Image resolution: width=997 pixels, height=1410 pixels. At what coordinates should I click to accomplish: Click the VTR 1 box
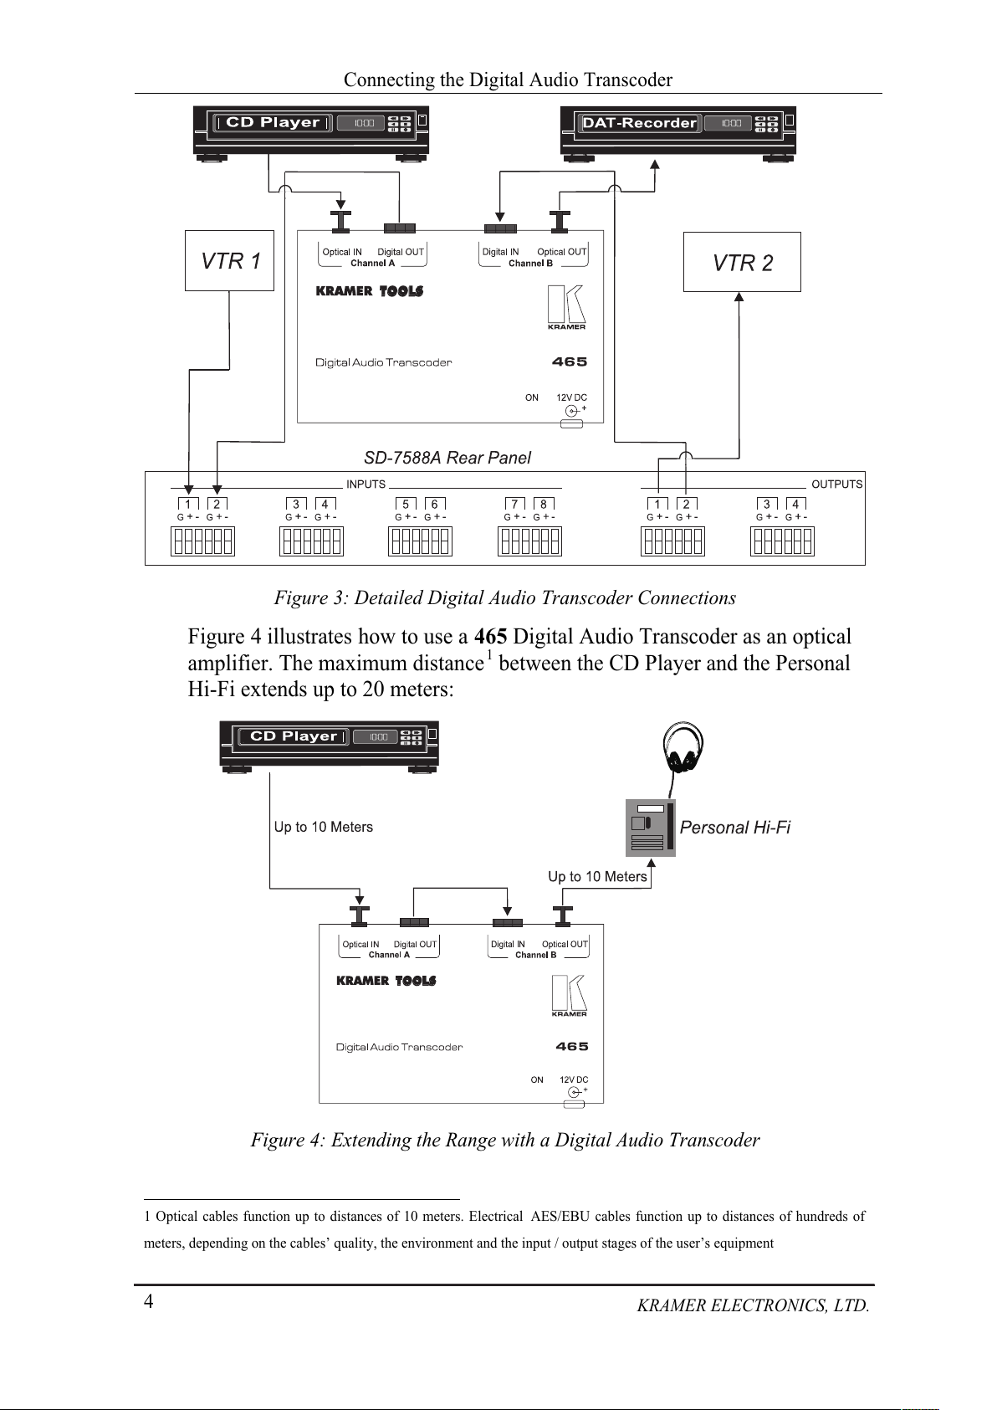pos(229,261)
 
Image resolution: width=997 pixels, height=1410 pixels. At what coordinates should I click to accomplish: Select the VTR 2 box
pos(742,263)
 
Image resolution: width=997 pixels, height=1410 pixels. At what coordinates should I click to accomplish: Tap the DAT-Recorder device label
pos(639,123)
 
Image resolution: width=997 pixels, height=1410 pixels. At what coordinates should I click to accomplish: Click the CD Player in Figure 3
pos(310,129)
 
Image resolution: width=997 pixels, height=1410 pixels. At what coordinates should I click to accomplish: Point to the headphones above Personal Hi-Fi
pos(683,747)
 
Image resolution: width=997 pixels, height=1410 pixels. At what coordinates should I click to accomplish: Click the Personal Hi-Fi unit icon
pos(650,828)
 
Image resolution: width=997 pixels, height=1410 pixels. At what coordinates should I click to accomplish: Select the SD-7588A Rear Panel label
pos(447,458)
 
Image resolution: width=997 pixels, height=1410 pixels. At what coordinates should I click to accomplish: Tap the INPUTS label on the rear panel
pos(366,485)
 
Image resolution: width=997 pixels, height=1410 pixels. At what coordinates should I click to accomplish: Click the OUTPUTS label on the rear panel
pos(836,485)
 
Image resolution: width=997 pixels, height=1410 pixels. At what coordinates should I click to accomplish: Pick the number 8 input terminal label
pos(544,504)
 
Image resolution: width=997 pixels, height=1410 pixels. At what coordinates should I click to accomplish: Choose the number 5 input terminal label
pos(406,504)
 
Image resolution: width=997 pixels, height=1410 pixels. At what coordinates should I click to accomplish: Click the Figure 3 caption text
pos(504,597)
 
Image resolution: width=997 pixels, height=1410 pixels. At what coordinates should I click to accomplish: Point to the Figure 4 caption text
pos(504,1140)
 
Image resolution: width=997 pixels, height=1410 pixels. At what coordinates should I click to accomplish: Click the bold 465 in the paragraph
pos(490,637)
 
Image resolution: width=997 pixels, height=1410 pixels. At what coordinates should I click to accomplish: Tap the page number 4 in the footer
pos(149,1300)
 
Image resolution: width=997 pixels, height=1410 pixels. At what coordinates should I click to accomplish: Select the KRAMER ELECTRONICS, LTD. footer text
pos(752,1305)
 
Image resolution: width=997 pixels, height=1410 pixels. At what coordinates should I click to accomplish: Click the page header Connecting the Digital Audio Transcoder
pos(508,79)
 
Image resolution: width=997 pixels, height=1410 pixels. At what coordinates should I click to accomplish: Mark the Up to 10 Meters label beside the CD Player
pos(323,827)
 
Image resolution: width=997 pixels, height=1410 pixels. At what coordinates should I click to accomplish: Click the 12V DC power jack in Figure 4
pos(575,1092)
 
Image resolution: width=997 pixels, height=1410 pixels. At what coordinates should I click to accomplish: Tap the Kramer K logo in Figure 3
pos(566,306)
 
